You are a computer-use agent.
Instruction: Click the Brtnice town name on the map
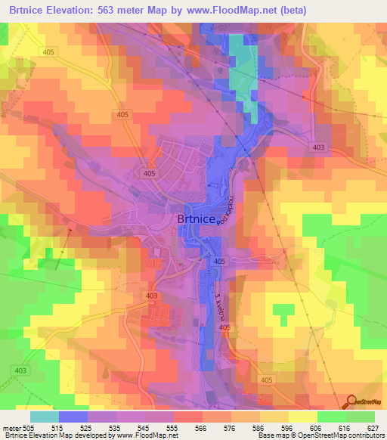tap(199, 219)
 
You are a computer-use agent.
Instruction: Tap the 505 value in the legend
tap(28, 427)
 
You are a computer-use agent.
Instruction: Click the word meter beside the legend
tap(10, 427)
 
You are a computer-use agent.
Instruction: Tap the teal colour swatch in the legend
tap(44, 416)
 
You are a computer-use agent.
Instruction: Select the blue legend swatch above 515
tap(73, 416)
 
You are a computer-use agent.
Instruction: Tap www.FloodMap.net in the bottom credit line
tap(146, 435)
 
